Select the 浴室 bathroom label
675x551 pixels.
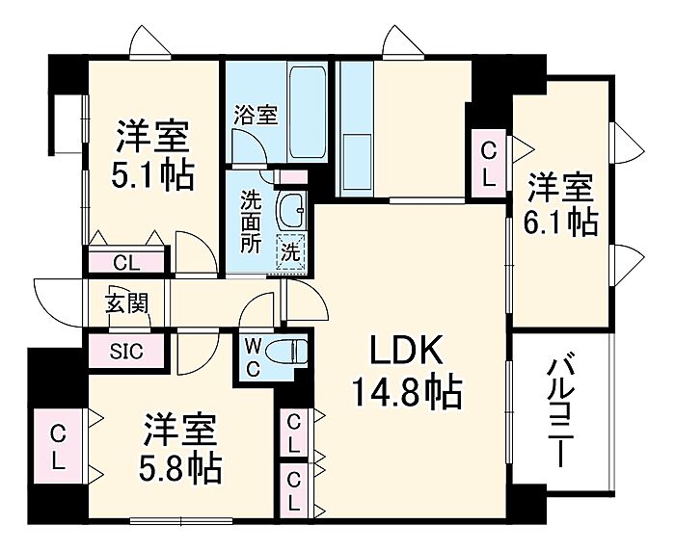pos(255,114)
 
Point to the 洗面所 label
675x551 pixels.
pos(251,222)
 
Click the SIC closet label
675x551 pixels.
pos(126,351)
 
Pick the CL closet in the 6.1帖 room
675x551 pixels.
pos(490,163)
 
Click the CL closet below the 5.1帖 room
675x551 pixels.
pos(125,261)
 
